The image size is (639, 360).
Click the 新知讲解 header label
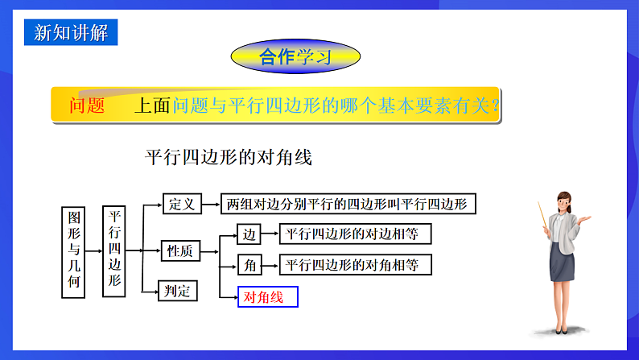click(71, 32)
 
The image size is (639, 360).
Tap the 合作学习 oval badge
click(295, 56)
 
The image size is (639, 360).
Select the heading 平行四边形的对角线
click(228, 157)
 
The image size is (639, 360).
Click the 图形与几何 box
click(73, 251)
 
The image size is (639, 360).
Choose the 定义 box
click(182, 204)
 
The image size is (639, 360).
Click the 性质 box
click(179, 251)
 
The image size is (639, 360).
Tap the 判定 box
click(178, 291)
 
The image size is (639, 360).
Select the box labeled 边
click(249, 234)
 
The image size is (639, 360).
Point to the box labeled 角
click(249, 264)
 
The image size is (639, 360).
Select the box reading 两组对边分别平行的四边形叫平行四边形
click(348, 204)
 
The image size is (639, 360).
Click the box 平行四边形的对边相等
click(354, 234)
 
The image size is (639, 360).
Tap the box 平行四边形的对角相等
click(354, 264)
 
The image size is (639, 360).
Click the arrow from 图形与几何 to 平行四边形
click(94, 250)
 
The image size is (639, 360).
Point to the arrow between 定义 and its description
click(211, 204)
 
